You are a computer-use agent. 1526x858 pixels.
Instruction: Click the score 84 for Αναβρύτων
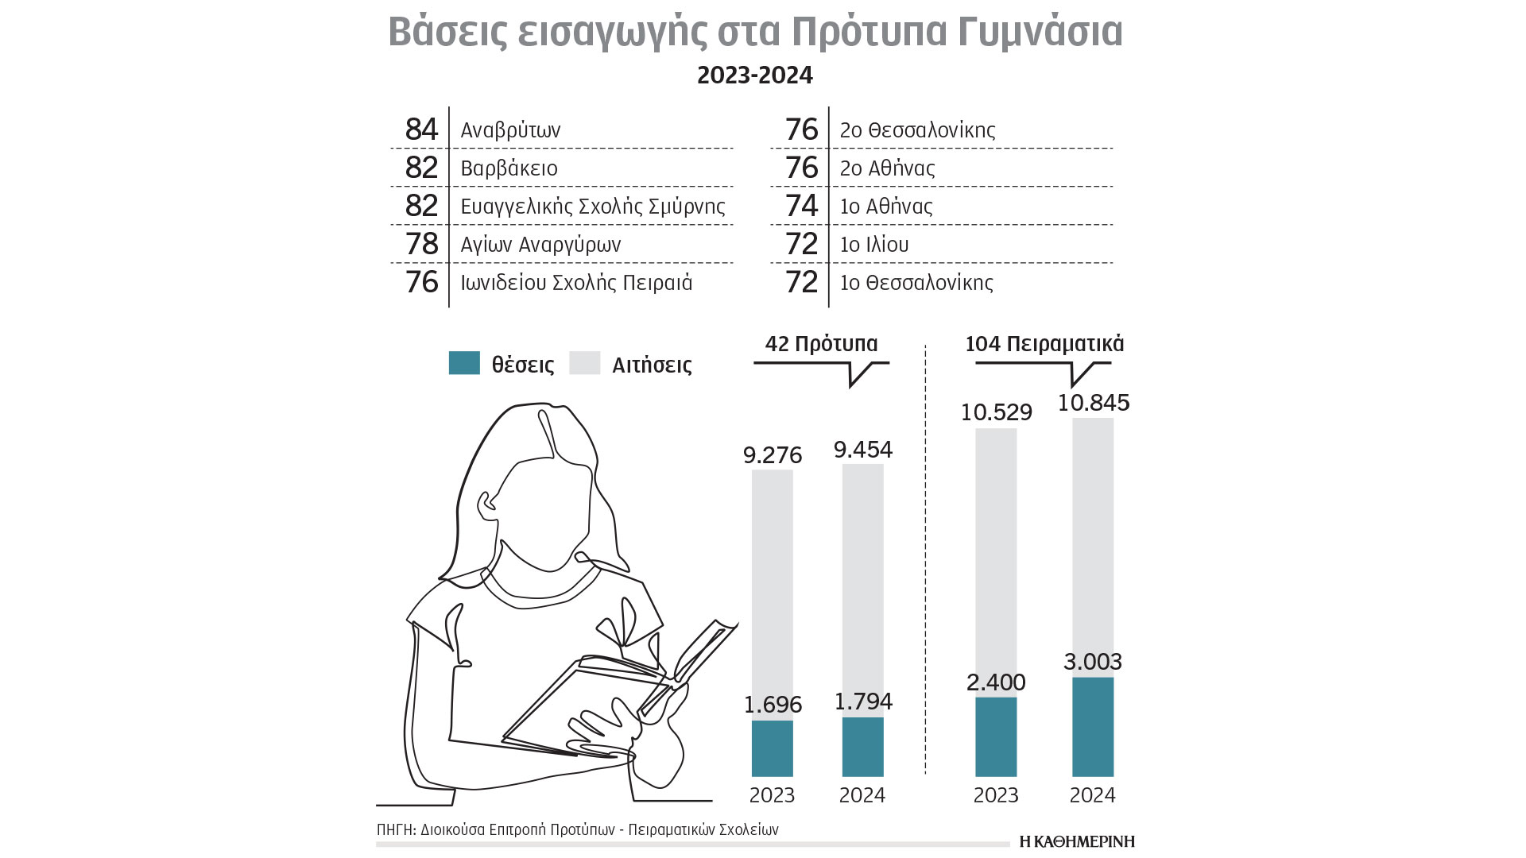(x=421, y=129)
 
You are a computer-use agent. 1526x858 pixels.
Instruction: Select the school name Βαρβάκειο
(x=509, y=168)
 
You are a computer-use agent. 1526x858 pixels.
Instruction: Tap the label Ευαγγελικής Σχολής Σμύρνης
(x=592, y=207)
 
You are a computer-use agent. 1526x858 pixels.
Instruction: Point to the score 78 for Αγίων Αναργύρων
(x=421, y=244)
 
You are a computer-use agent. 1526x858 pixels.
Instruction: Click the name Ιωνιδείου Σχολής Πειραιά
(x=576, y=283)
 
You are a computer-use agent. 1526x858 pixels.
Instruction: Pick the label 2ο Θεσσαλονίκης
(x=917, y=129)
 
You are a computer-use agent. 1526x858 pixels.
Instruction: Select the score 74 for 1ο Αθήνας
(x=801, y=206)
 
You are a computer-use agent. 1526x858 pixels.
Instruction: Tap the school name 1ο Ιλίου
(x=874, y=245)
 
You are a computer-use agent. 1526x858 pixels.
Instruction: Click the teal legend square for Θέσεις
(x=464, y=363)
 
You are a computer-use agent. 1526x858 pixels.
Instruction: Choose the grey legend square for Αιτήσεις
(x=585, y=363)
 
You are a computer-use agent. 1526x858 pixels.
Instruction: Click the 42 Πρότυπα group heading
(x=821, y=344)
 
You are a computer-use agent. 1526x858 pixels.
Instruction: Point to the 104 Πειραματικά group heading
(x=1044, y=344)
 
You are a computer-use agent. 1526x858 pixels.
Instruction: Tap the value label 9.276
(x=773, y=455)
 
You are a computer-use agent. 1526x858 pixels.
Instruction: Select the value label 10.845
(x=1094, y=403)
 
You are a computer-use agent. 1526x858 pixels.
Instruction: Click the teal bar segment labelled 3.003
(x=1093, y=726)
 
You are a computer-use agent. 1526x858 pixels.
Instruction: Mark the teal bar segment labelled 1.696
(x=773, y=748)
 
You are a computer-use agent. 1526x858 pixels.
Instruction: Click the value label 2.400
(x=996, y=682)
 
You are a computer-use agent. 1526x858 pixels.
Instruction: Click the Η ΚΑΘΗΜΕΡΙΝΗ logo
(x=1077, y=841)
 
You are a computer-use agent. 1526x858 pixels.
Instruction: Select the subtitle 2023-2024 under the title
(x=755, y=75)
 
